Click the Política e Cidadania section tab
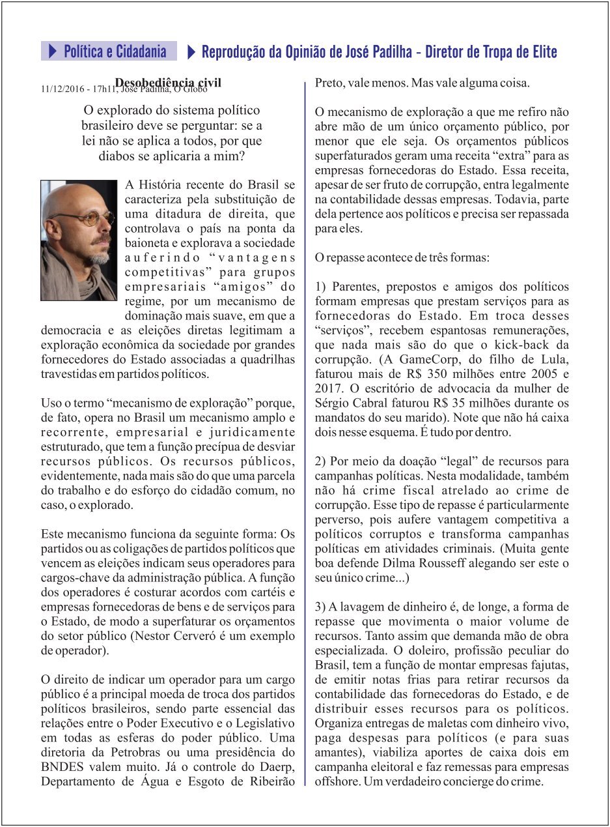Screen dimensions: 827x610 (109, 51)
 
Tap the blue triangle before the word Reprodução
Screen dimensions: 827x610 (191, 51)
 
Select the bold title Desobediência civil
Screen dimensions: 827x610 (168, 83)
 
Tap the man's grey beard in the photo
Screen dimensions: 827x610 (98, 255)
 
